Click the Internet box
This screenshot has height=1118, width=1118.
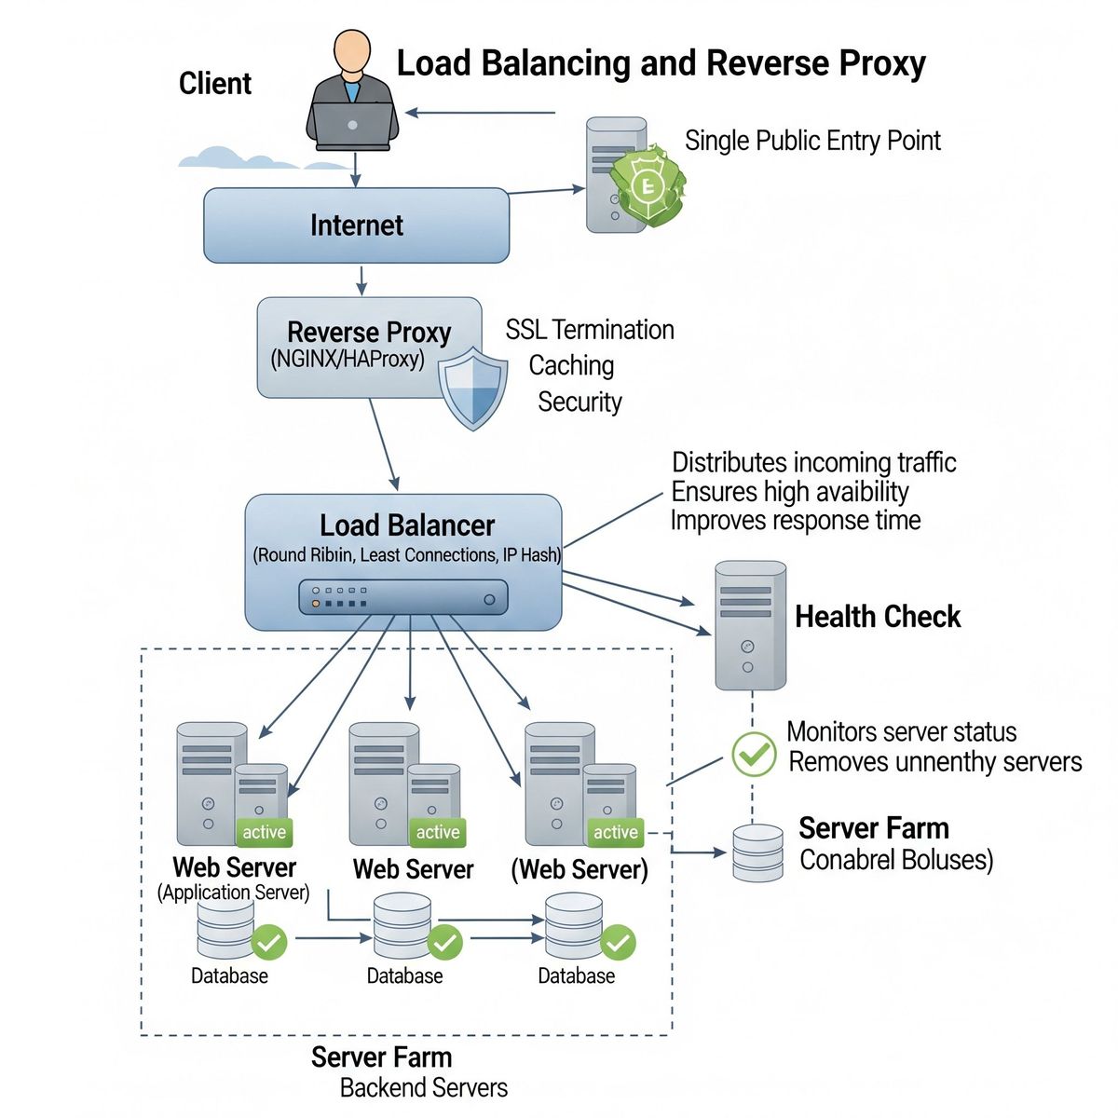coord(356,225)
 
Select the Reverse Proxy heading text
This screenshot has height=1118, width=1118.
coord(369,333)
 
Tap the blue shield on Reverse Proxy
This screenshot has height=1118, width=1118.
coord(473,388)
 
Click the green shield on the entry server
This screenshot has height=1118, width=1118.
coord(646,185)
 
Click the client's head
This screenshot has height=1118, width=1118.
coord(352,51)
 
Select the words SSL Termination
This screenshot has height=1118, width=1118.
coord(590,330)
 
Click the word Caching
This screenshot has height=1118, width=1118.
coord(571,365)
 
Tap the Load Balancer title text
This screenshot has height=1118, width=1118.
coord(407,525)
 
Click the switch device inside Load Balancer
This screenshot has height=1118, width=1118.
coord(403,596)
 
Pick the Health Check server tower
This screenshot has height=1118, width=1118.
coord(749,624)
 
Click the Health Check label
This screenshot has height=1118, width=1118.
coord(877,617)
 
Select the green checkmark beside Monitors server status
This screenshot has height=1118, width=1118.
coord(753,754)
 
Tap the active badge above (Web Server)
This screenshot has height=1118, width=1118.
coord(616,832)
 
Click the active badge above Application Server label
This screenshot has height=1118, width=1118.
coord(264,832)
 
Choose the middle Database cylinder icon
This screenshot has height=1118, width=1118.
coord(402,927)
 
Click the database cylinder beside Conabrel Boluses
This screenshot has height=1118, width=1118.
coord(757,852)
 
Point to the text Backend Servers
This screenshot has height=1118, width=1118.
coord(423,1087)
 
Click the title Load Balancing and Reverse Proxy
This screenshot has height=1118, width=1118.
coord(661,63)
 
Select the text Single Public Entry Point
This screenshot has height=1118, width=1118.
coord(812,141)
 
